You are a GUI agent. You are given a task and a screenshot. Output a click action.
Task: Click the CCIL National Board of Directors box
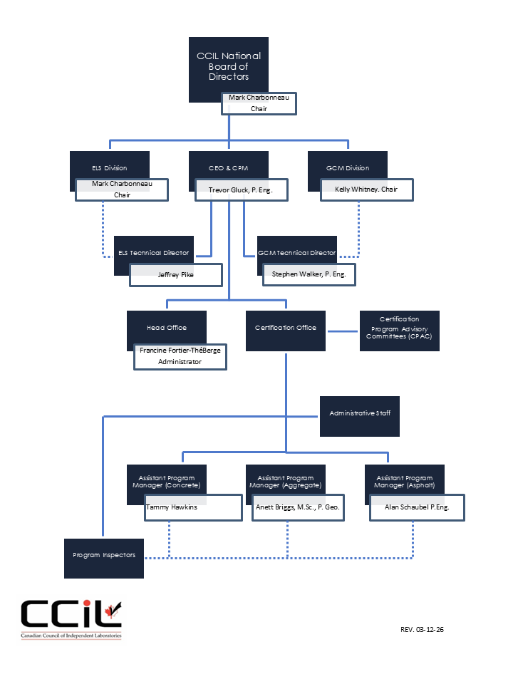click(229, 66)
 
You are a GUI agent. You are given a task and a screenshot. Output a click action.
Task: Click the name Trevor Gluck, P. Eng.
click(240, 190)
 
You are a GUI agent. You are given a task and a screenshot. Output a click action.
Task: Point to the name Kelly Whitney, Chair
click(366, 190)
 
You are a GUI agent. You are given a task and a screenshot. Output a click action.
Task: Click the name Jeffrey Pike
click(176, 275)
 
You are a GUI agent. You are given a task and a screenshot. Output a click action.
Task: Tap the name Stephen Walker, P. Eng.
click(309, 274)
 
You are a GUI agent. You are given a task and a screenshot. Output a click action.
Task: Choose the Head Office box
click(167, 328)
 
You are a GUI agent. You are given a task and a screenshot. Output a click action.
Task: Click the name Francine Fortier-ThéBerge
click(180, 351)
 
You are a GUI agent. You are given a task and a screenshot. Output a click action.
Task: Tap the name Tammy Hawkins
click(172, 507)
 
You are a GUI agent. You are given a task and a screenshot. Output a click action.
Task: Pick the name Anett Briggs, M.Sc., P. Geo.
click(298, 507)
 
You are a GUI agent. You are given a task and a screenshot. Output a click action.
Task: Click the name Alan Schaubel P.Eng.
click(417, 507)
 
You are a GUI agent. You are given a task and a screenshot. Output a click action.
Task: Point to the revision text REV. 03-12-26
click(422, 629)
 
